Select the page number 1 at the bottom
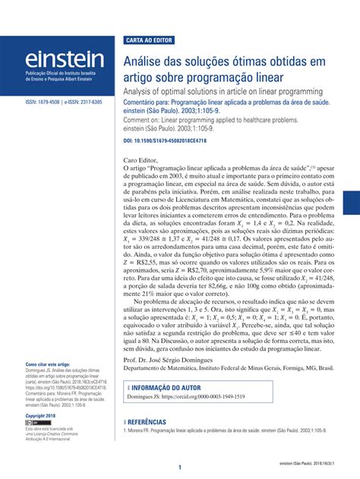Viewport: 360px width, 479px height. pos(180,468)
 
